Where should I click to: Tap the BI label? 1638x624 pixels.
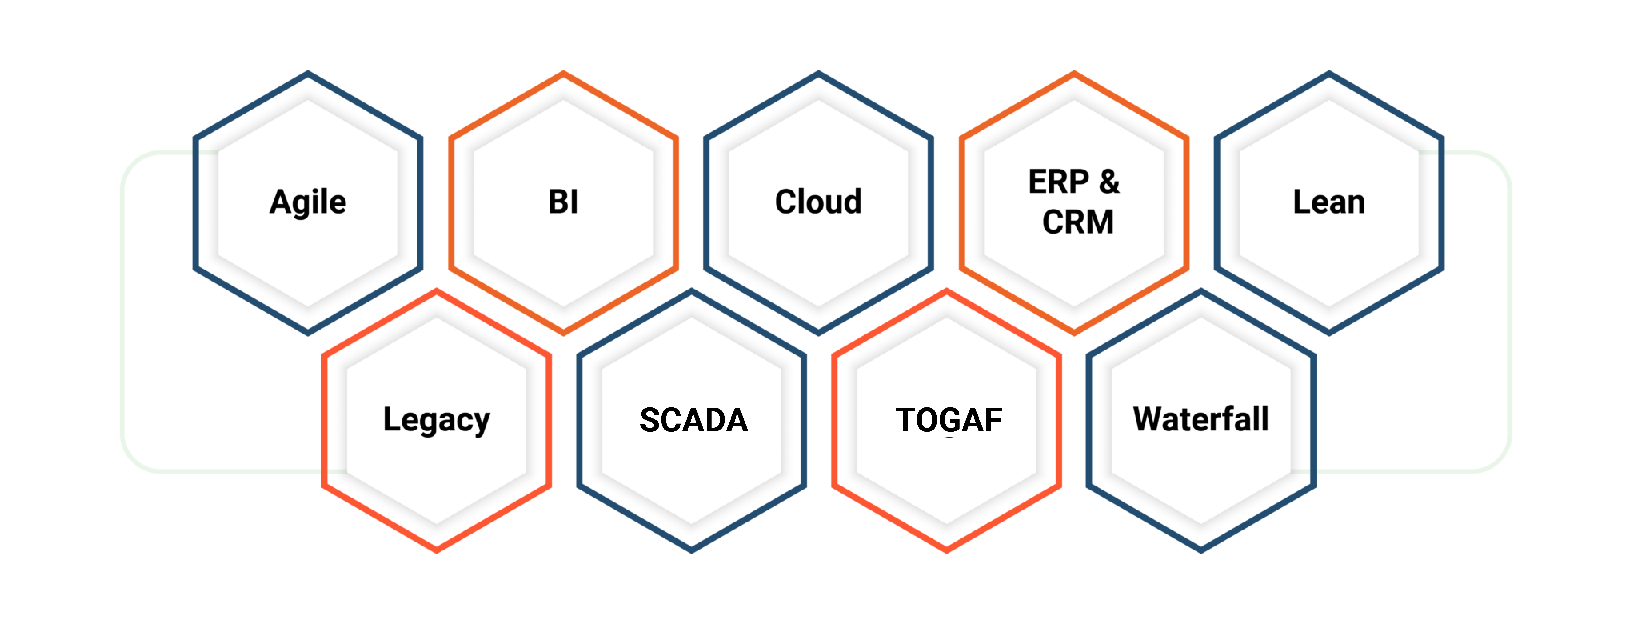(563, 202)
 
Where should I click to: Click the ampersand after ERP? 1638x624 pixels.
(1109, 182)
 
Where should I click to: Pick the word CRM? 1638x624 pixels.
(1078, 222)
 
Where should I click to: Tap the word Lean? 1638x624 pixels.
(1329, 202)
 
